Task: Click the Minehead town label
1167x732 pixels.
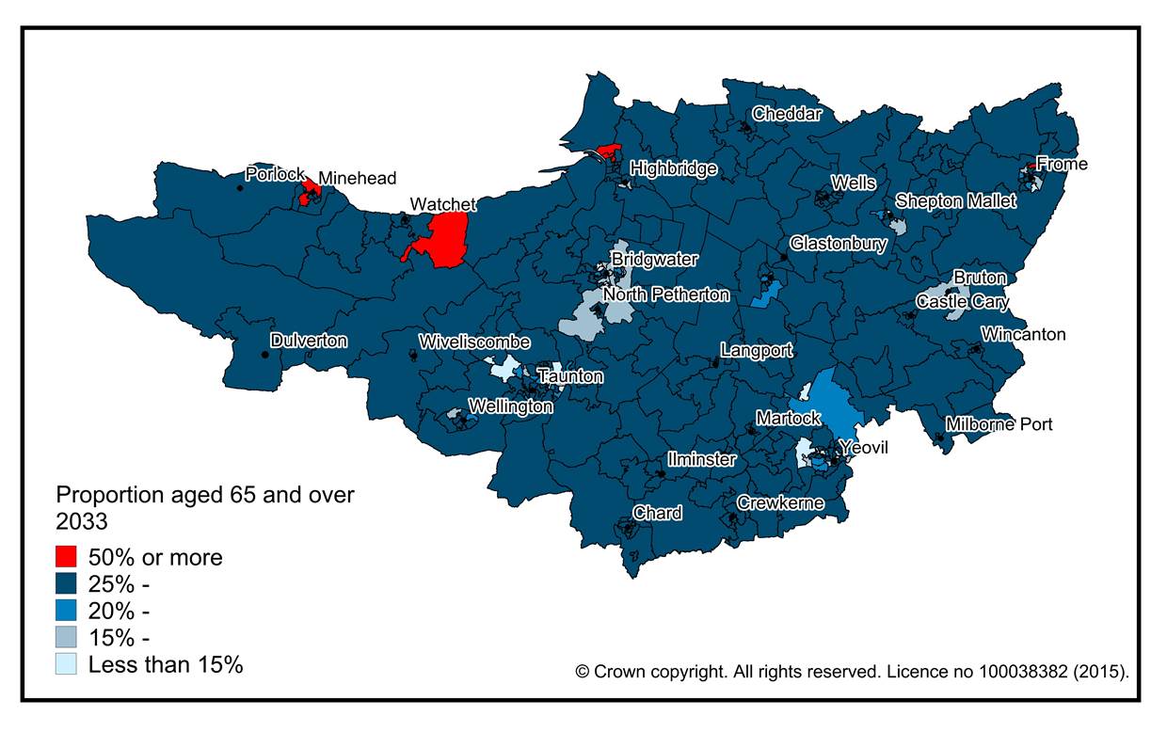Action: coord(357,178)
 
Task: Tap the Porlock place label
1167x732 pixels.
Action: coord(275,174)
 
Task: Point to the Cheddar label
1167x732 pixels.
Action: coord(787,114)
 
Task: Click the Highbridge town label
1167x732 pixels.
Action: coord(673,168)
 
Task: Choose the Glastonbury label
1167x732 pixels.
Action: coord(838,244)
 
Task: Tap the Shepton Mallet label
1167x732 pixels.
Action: coord(955,201)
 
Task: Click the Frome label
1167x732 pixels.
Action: coord(1062,164)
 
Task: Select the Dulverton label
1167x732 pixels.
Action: coord(309,341)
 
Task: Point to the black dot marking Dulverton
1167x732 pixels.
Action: coord(263,355)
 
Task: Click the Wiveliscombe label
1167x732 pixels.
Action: coord(474,342)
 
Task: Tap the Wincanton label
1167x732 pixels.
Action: coord(1023,334)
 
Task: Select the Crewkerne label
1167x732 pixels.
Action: coord(780,503)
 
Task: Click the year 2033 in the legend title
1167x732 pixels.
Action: coord(82,521)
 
